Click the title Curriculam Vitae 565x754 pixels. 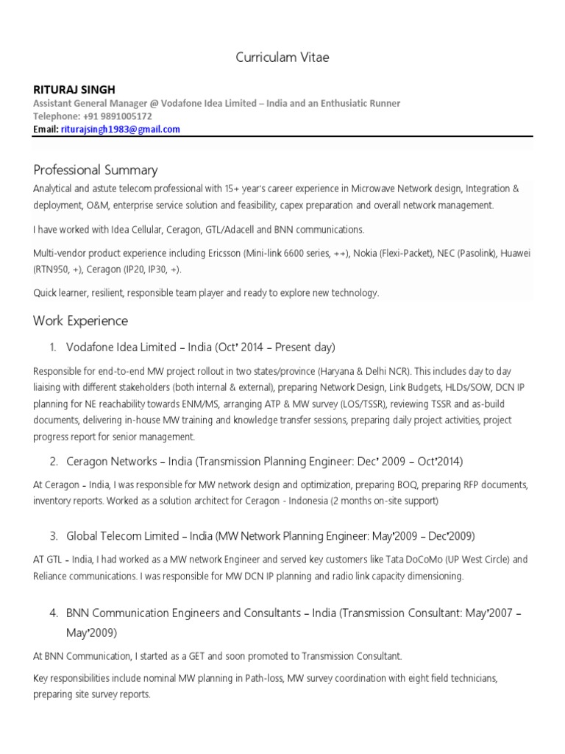click(282, 57)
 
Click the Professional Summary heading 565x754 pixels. click(95, 170)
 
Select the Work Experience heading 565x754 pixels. click(80, 320)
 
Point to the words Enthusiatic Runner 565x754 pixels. click(359, 103)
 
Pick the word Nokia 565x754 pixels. click(367, 254)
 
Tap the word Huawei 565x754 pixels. click(514, 254)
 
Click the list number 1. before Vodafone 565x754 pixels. click(53, 347)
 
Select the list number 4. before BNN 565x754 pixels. click(53, 613)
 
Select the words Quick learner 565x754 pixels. click(59, 293)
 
